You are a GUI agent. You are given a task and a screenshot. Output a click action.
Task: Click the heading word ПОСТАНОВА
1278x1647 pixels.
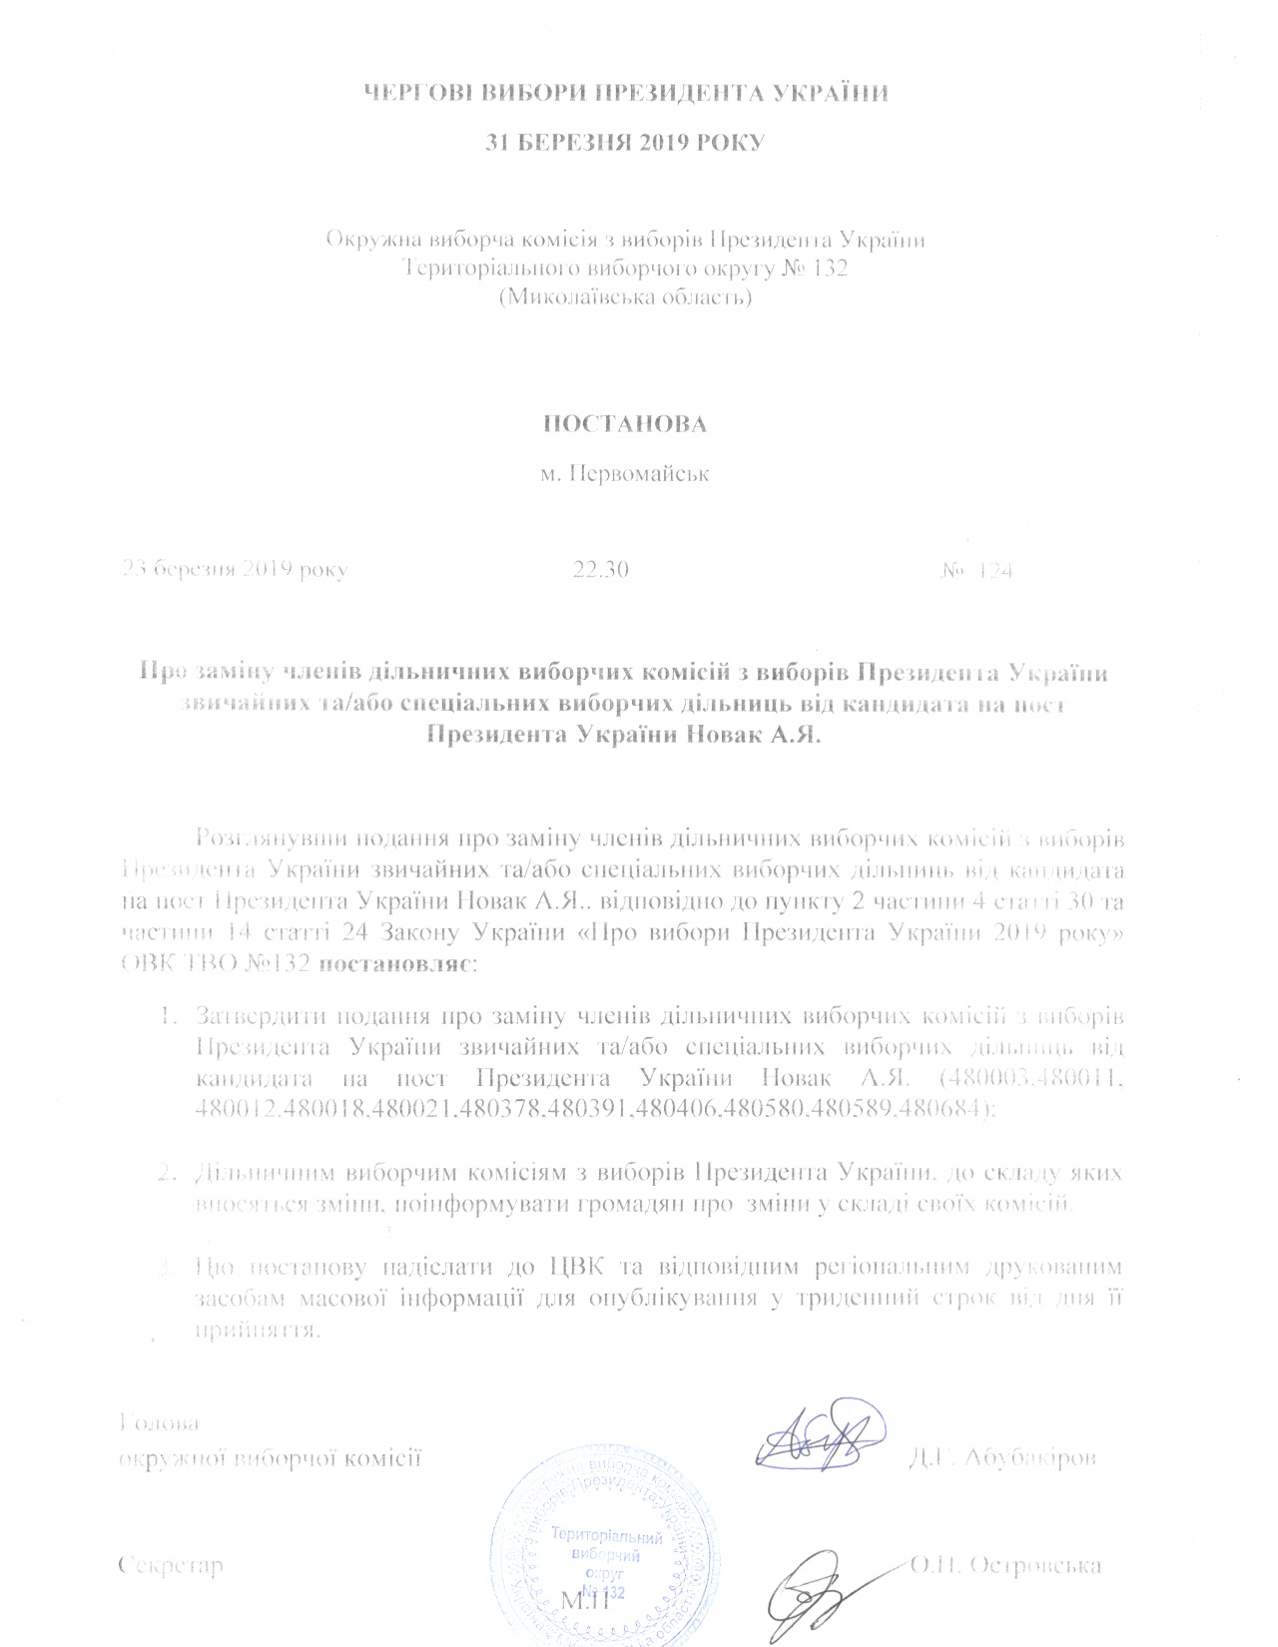tap(624, 423)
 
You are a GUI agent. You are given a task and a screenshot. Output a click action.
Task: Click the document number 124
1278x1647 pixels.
tap(994, 571)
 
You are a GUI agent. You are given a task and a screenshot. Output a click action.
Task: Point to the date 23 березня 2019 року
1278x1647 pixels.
tap(235, 570)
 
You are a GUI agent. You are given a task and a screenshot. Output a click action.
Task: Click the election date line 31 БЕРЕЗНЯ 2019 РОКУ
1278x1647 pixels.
tap(624, 142)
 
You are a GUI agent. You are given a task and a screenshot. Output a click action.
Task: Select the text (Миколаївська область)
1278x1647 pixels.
tap(625, 296)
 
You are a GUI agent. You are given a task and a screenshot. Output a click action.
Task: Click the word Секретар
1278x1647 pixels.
tap(170, 1564)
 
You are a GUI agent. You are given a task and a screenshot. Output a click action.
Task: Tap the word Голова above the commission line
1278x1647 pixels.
tap(158, 1422)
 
